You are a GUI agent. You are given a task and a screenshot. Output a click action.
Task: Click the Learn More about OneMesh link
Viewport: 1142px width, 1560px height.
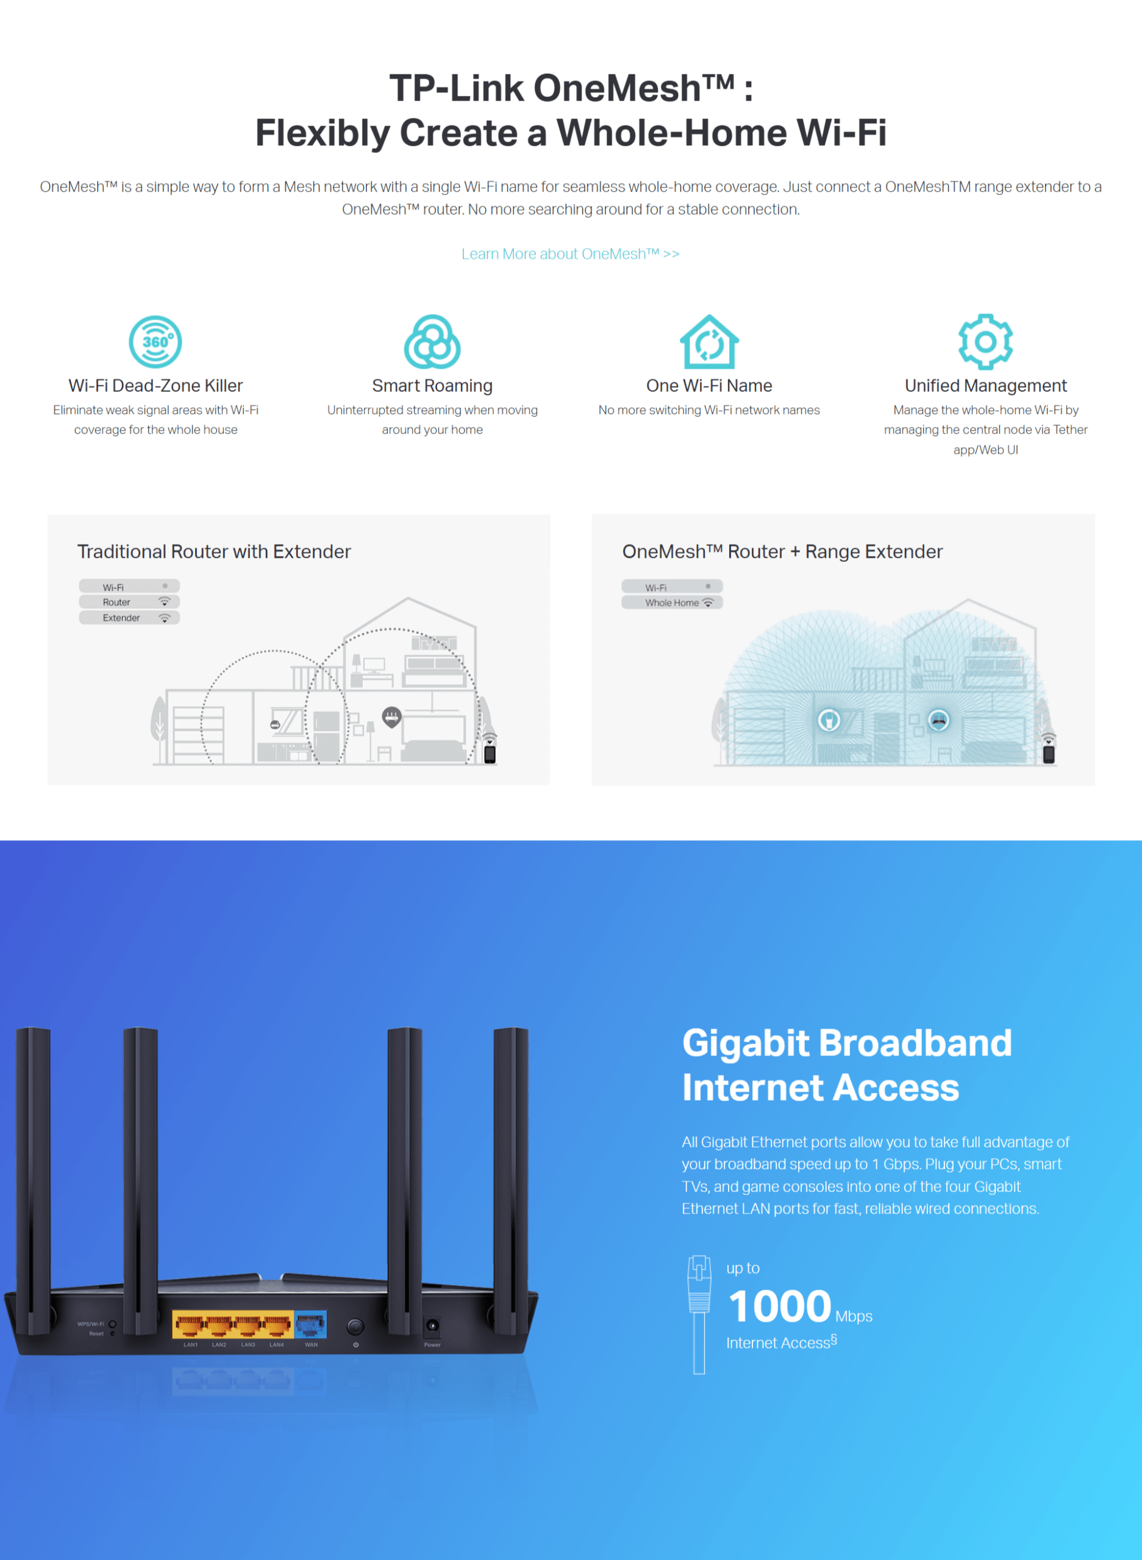point(570,253)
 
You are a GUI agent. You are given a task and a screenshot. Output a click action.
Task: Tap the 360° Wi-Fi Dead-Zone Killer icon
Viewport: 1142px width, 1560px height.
point(155,341)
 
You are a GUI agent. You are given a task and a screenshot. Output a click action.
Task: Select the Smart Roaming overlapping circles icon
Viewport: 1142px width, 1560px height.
point(432,342)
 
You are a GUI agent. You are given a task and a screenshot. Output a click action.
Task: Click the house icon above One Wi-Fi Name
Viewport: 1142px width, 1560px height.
point(708,342)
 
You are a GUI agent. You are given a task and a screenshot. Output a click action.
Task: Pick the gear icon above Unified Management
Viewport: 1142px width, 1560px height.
point(985,341)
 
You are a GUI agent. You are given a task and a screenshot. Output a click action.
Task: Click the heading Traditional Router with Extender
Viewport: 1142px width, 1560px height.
point(213,551)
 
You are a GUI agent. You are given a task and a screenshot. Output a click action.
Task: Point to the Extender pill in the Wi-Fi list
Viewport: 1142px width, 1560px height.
point(129,618)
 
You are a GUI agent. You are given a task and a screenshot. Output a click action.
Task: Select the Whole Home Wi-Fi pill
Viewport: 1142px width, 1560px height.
point(672,603)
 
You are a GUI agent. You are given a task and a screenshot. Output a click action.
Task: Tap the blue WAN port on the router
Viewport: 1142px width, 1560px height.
point(310,1324)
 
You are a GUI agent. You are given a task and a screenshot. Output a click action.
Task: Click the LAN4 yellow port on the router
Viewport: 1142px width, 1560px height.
point(277,1325)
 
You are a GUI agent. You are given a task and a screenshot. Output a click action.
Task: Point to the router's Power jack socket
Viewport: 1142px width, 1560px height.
point(432,1325)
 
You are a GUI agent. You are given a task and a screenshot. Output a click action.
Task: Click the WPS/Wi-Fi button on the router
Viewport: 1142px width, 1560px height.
point(112,1324)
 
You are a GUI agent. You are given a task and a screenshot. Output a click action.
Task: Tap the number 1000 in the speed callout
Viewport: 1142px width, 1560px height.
point(779,1306)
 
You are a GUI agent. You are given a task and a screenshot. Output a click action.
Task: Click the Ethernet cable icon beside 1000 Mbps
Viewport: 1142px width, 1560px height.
point(699,1313)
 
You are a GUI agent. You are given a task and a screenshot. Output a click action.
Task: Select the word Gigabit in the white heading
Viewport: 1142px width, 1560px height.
point(745,1043)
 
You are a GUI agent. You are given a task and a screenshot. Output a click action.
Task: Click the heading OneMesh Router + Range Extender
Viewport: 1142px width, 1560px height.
point(782,551)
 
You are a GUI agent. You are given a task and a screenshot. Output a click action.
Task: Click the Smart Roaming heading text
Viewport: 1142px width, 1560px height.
point(432,386)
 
